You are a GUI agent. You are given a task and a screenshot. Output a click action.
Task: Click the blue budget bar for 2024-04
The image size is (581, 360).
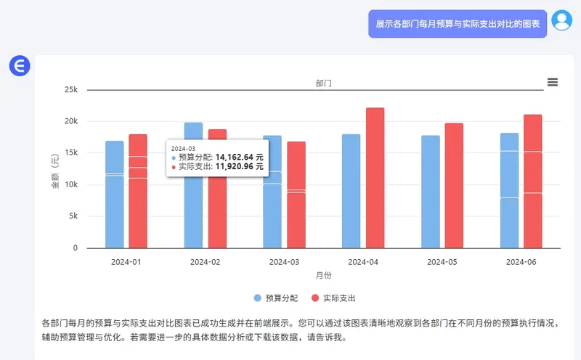pyautogui.click(x=351, y=191)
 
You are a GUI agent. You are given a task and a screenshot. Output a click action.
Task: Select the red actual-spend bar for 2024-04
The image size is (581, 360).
pyautogui.click(x=375, y=178)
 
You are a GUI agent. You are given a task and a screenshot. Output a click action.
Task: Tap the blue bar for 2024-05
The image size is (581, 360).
pyautogui.click(x=430, y=192)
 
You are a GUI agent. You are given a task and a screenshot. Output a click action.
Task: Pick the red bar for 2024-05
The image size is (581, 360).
pyautogui.click(x=454, y=186)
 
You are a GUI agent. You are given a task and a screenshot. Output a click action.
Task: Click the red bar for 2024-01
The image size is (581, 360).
pyautogui.click(x=138, y=191)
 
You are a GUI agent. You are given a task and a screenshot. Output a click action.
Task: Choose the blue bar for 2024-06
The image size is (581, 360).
pyautogui.click(x=509, y=190)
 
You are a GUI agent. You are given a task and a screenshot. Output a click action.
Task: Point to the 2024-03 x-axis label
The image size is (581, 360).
pyautogui.click(x=284, y=261)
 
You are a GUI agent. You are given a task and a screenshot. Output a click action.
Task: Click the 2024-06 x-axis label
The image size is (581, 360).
pyautogui.click(x=521, y=261)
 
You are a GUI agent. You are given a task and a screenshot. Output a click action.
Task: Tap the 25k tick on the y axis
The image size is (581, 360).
pyautogui.click(x=70, y=90)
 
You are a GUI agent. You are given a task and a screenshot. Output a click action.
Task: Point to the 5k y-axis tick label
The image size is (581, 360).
pyautogui.click(x=73, y=216)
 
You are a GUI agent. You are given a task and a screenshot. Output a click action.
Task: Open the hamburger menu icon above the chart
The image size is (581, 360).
pyautogui.click(x=553, y=83)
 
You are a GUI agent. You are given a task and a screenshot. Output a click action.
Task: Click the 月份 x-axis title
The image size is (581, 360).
pyautogui.click(x=324, y=276)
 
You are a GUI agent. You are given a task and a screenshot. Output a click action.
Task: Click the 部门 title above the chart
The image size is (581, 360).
pyautogui.click(x=324, y=83)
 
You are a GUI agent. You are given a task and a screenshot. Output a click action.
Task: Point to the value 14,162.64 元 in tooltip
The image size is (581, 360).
pyautogui.click(x=240, y=156)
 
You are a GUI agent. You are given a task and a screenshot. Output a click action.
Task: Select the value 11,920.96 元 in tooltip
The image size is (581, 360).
pyautogui.click(x=240, y=166)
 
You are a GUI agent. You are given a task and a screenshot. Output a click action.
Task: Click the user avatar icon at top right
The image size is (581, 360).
pyautogui.click(x=561, y=20)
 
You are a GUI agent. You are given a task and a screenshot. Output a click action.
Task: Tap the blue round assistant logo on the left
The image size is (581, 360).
pyautogui.click(x=19, y=66)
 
